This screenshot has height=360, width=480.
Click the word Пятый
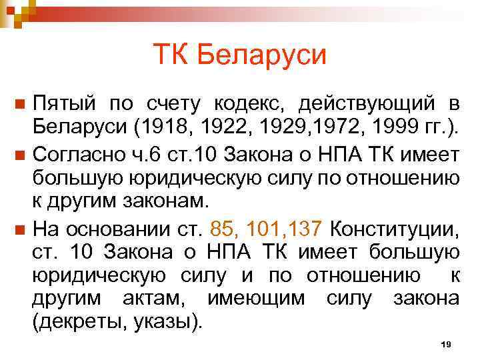coord(63,104)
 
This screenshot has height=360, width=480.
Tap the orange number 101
coord(262,229)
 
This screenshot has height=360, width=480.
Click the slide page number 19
coord(447,343)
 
